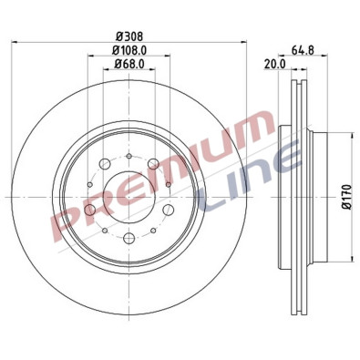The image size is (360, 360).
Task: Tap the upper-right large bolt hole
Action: click(153, 164)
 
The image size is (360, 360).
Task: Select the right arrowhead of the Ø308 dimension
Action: click(245, 43)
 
